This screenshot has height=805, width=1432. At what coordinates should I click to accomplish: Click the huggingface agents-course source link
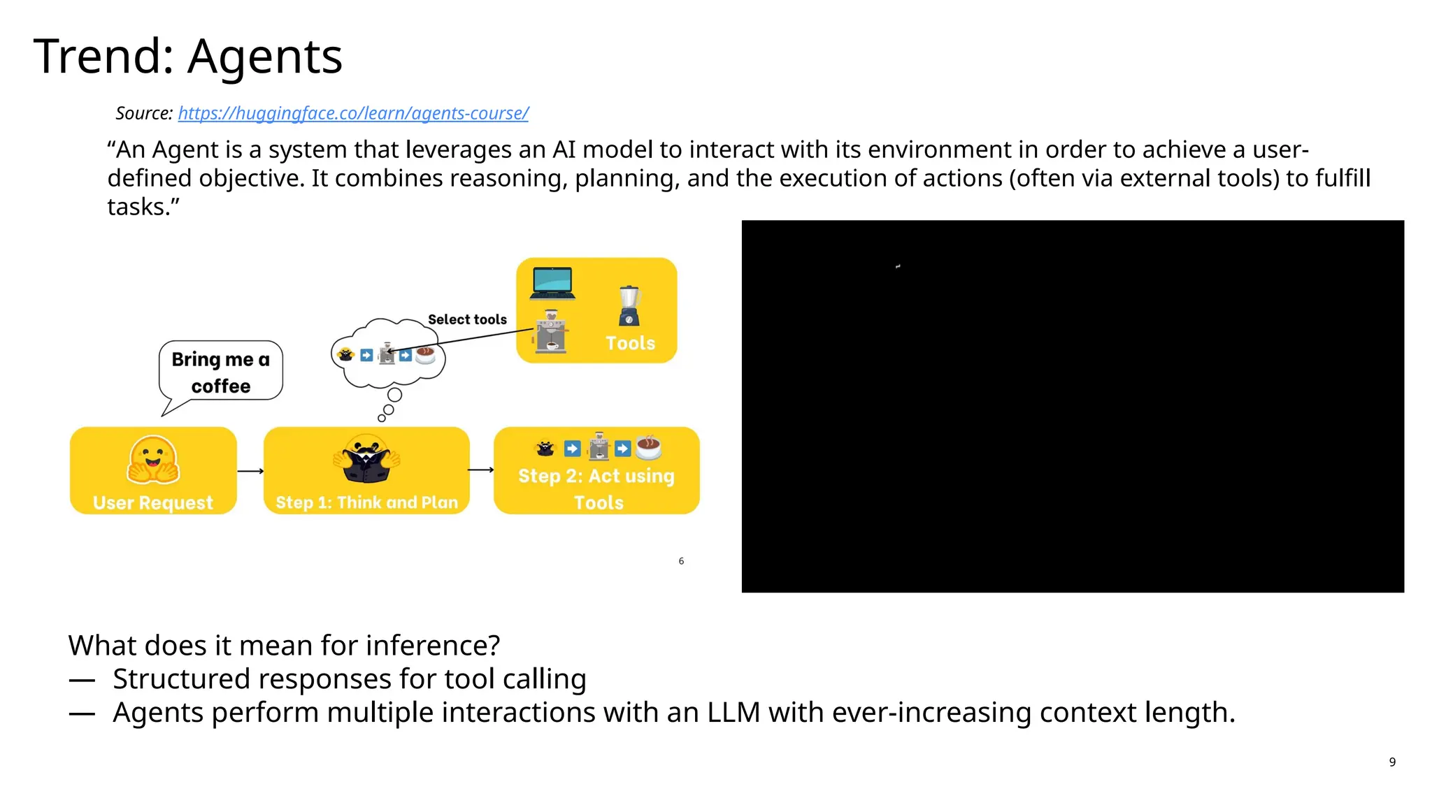click(x=353, y=113)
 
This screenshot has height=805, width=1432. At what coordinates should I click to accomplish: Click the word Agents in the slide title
click(x=265, y=57)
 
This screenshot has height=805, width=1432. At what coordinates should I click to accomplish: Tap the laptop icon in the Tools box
click(x=552, y=283)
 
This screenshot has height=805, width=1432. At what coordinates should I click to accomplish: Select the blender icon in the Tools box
click(x=629, y=306)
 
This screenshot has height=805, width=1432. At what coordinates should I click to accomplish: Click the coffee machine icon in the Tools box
click(x=551, y=332)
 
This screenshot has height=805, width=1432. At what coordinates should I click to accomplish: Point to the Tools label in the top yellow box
click(x=630, y=343)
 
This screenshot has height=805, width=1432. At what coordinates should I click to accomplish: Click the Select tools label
click(x=467, y=319)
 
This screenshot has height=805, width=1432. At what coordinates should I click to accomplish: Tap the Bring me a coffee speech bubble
click(x=220, y=372)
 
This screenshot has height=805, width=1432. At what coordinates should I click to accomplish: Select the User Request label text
click(x=152, y=503)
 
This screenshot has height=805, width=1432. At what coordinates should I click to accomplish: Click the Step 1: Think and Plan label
click(x=366, y=502)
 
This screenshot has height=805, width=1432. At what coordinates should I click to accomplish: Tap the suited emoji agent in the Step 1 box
click(x=366, y=459)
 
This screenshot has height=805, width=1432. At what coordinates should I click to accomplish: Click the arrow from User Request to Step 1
click(x=250, y=471)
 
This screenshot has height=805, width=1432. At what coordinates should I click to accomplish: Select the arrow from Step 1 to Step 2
click(x=481, y=470)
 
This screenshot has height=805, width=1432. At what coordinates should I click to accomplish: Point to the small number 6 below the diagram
click(x=681, y=561)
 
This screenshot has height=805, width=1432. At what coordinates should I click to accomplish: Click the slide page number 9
click(x=1392, y=762)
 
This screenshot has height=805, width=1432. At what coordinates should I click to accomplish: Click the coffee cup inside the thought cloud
click(x=425, y=356)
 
